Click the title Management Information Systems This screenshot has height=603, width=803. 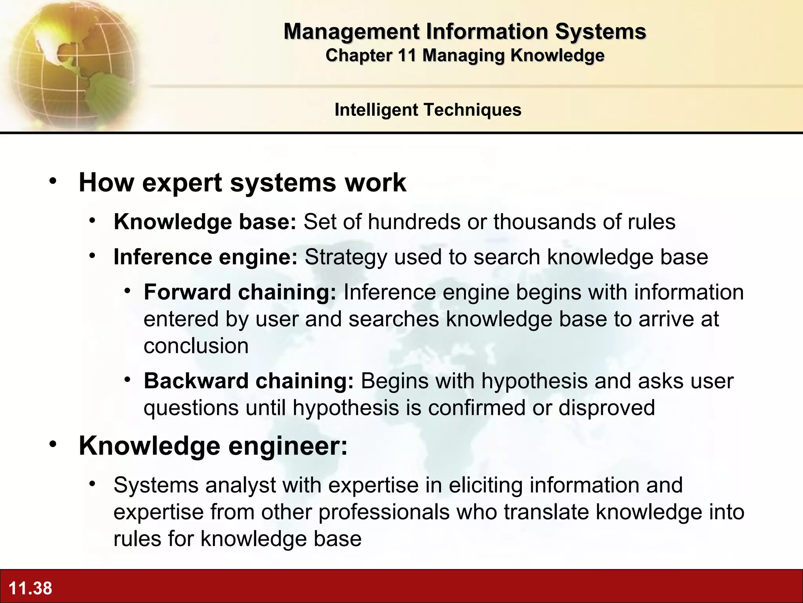465,31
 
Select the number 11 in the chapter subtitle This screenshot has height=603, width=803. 407,55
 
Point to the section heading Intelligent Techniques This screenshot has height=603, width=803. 428,110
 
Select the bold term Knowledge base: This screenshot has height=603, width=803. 205,222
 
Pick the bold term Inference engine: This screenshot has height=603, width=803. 205,257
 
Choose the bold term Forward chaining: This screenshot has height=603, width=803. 240,292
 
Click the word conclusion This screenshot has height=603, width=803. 196,346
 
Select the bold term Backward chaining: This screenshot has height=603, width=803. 249,381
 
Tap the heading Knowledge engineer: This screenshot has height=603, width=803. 213,446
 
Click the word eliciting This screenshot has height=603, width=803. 485,485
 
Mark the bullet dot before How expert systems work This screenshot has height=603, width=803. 53,181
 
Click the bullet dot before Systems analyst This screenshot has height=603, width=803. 92,484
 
